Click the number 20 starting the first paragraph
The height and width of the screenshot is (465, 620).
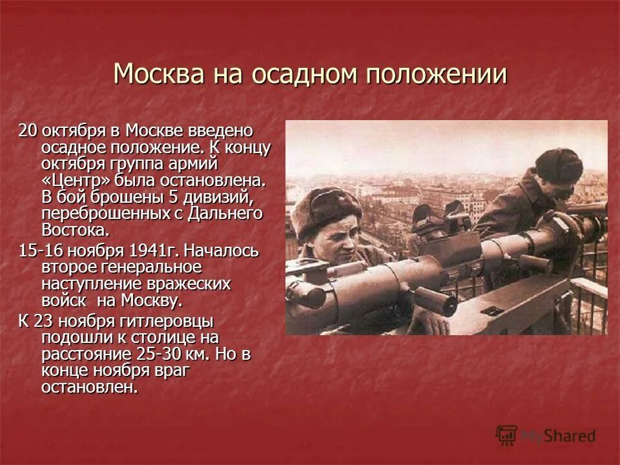(27, 130)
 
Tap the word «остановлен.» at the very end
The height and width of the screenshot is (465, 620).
(90, 388)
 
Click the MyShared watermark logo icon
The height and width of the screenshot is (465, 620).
(507, 435)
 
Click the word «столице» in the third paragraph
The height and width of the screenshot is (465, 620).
(162, 338)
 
